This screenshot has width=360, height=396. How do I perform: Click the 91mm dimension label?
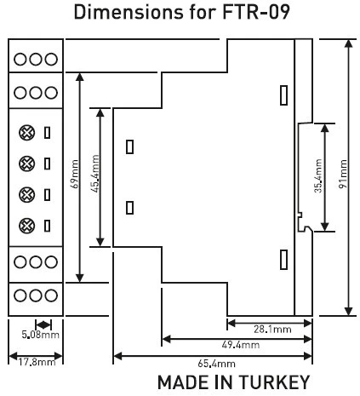click(x=343, y=174)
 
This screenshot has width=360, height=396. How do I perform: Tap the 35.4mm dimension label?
click(x=318, y=175)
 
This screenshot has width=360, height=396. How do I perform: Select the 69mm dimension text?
click(x=75, y=174)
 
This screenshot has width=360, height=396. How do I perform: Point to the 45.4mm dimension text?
click(x=96, y=174)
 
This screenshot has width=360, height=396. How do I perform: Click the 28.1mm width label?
click(x=272, y=330)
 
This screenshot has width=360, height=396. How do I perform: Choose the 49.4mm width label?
click(x=241, y=345)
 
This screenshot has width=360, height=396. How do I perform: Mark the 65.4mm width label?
click(x=216, y=364)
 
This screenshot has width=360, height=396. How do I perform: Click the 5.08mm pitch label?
click(x=41, y=335)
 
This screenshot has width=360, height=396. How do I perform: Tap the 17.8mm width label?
click(x=37, y=362)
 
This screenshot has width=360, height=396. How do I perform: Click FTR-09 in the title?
click(x=255, y=12)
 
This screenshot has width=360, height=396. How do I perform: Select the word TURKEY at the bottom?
click(x=274, y=382)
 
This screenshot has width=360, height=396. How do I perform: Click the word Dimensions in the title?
click(x=129, y=12)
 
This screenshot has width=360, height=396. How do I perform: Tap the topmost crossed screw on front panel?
click(x=27, y=133)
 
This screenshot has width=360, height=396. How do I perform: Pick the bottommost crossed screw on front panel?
click(x=27, y=226)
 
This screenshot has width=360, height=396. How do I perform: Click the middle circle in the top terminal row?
click(x=36, y=60)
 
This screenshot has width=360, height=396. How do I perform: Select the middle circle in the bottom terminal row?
click(x=36, y=296)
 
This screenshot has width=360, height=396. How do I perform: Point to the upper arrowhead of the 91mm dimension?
click(x=348, y=43)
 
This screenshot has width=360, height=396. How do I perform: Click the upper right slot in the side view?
click(x=283, y=95)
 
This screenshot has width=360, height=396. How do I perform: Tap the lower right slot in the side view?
click(x=283, y=260)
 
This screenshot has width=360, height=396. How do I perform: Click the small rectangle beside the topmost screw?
click(x=48, y=133)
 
